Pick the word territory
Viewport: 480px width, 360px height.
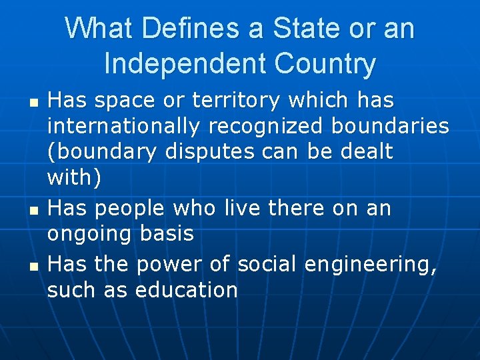point(236,101)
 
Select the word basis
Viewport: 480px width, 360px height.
point(167,233)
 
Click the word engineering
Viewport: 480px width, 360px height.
point(370,265)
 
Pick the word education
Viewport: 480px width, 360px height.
point(186,290)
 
